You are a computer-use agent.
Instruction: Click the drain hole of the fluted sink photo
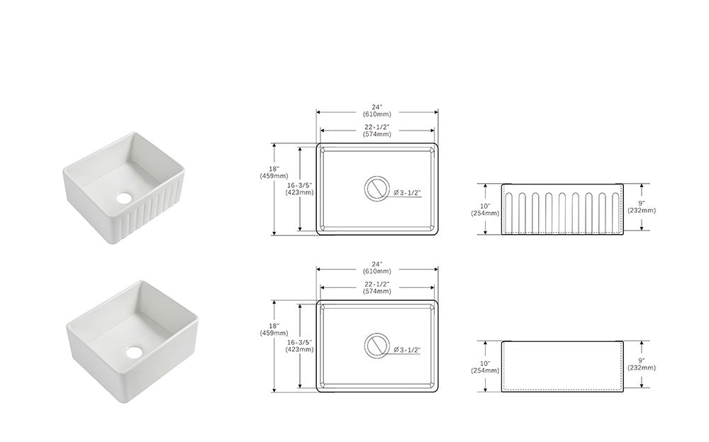point(123,197)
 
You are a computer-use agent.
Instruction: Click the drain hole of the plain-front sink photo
point(134,351)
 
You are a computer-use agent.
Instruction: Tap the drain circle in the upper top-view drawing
point(376,189)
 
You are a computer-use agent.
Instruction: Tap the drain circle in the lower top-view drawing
point(376,346)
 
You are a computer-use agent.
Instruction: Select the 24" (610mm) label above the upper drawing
point(376,111)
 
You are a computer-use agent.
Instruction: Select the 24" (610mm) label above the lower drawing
point(376,267)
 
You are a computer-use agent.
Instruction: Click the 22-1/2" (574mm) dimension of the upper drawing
point(376,131)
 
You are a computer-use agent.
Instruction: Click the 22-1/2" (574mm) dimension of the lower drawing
point(376,288)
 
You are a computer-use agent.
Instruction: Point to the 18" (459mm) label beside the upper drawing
point(274,172)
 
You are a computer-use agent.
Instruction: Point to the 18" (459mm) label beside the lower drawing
point(274,329)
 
